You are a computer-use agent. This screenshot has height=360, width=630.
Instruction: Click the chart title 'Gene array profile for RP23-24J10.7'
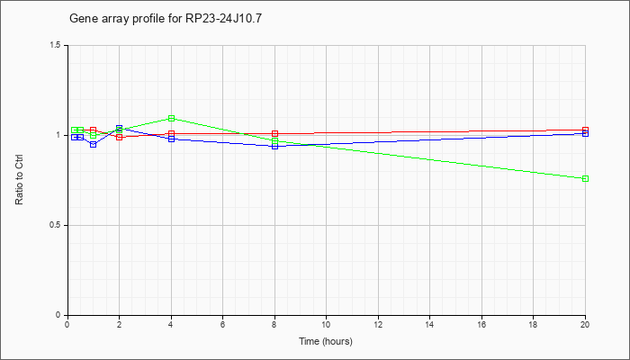tap(166, 19)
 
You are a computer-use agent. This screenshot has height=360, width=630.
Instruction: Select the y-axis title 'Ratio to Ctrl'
tap(19, 180)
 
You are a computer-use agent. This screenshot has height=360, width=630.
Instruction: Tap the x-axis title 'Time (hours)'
tap(326, 341)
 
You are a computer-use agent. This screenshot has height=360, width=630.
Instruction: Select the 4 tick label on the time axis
tap(171, 324)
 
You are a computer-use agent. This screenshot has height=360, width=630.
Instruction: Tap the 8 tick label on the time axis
tap(274, 324)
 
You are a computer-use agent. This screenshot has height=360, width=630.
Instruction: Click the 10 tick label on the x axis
tap(326, 324)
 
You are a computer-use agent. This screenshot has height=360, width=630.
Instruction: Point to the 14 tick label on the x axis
tap(429, 324)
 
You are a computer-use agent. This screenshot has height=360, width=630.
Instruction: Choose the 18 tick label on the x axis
tap(533, 324)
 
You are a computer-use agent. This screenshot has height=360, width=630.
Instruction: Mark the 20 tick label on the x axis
tap(585, 324)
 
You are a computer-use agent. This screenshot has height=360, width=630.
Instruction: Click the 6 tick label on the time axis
tap(222, 324)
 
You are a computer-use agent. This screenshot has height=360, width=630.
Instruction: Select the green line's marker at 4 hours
tap(172, 118)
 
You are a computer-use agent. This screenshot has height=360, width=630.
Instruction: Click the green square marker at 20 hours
tap(585, 178)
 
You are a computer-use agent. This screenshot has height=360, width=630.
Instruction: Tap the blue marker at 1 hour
tap(94, 145)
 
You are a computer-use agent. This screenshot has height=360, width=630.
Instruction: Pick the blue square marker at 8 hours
tap(274, 146)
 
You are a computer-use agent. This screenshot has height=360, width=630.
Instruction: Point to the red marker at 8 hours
tap(274, 133)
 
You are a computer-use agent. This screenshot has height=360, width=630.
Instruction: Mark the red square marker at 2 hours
tap(119, 137)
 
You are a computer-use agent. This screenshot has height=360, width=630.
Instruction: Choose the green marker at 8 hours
tap(274, 141)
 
